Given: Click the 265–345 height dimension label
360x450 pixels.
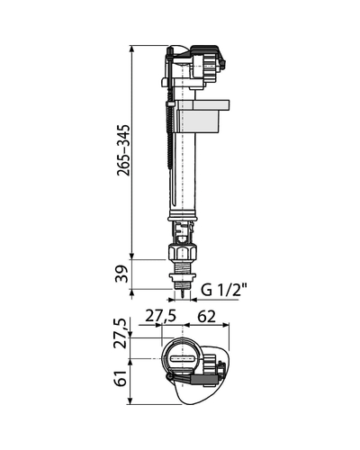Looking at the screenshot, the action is (124, 149).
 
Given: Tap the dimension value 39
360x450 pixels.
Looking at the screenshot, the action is (122, 274).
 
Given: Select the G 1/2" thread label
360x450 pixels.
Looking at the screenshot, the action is (223, 290).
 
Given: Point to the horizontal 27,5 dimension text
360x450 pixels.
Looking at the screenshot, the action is (161, 316).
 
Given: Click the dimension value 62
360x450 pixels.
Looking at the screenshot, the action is (206, 316).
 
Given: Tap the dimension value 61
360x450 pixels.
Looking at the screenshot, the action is (121, 378).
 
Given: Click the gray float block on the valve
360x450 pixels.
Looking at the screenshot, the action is (202, 116).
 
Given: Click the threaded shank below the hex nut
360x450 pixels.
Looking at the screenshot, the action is (183, 266).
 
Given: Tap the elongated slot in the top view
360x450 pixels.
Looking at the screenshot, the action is (183, 358).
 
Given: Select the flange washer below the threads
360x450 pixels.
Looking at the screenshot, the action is (183, 276).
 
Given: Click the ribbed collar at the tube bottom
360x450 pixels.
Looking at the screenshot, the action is (183, 215).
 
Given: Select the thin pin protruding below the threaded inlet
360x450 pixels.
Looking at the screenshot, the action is (183, 294).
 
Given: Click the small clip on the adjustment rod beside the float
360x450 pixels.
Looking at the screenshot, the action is (170, 104).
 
